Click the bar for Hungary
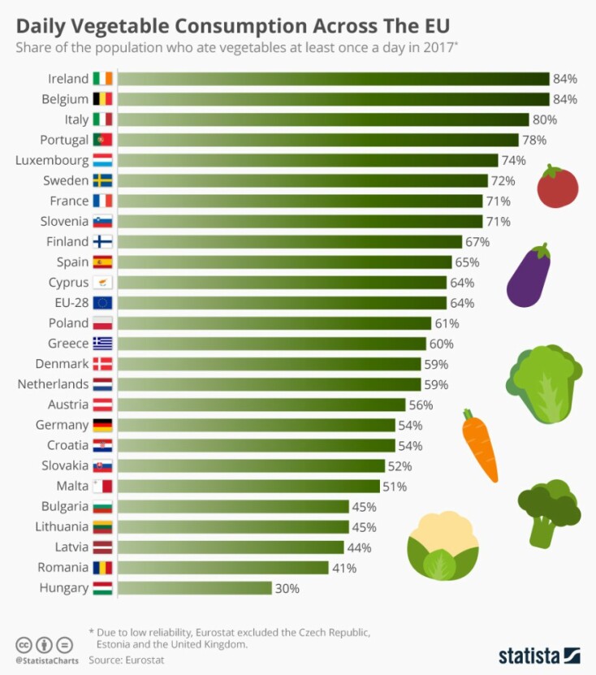(x=195, y=588)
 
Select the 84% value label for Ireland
(x=564, y=79)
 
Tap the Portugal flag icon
(x=102, y=140)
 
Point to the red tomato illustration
(x=558, y=186)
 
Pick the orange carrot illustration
(x=479, y=446)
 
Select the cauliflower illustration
(x=443, y=547)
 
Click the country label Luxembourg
(x=52, y=160)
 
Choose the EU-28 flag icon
(x=102, y=303)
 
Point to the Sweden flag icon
(x=102, y=180)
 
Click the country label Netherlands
(x=53, y=384)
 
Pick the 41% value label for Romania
(x=344, y=568)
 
